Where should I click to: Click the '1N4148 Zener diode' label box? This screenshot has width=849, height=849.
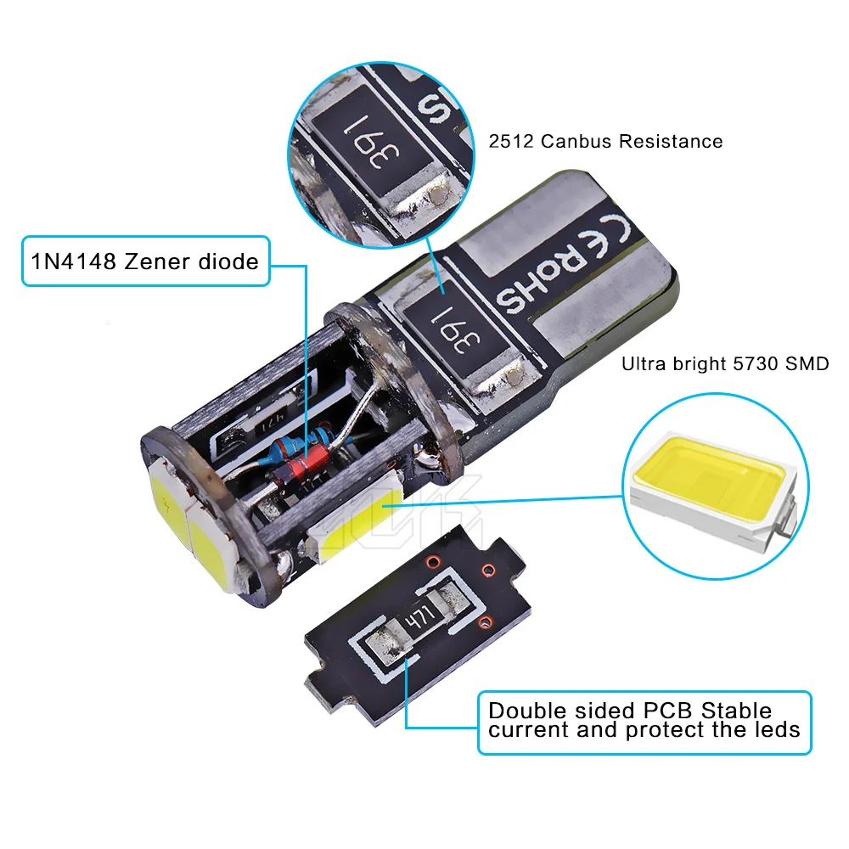[x=143, y=261]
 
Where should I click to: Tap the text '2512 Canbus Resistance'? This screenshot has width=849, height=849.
[x=605, y=142]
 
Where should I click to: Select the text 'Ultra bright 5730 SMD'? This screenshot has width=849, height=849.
[x=725, y=364]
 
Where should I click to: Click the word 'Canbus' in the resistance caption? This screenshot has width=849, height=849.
[x=575, y=142]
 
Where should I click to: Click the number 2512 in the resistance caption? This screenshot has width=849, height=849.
[x=509, y=142]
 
